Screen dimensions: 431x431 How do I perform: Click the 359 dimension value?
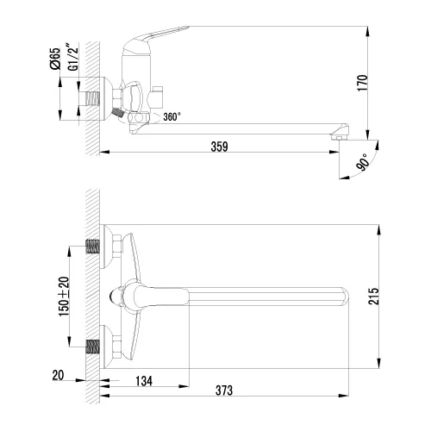[x=220, y=147]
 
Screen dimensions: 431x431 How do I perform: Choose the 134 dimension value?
[x=146, y=381]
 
